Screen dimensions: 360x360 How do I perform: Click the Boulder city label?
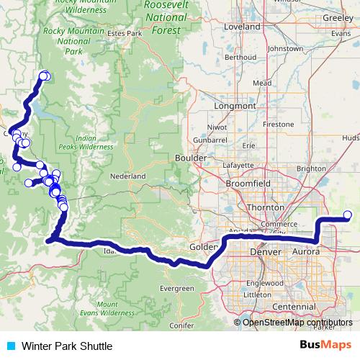click(x=190, y=158)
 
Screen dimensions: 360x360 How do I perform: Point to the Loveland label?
click(x=242, y=27)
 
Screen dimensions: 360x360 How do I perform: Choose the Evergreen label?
click(x=177, y=288)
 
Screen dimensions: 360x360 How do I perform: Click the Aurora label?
click(x=307, y=252)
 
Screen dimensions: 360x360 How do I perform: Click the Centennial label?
click(x=294, y=307)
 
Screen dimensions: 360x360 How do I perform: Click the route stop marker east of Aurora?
click(x=348, y=215)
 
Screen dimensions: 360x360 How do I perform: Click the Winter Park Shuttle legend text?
click(x=66, y=346)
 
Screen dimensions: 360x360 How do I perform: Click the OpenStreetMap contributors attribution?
click(x=297, y=323)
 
